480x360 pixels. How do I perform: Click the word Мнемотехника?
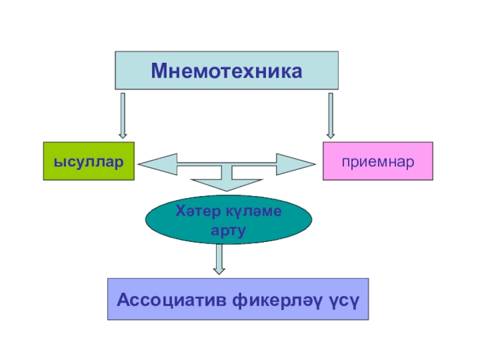click(x=226, y=71)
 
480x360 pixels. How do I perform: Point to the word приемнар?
click(x=378, y=162)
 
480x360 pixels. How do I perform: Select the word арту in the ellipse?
click(x=229, y=230)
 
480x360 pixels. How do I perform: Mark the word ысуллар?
click(x=88, y=162)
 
